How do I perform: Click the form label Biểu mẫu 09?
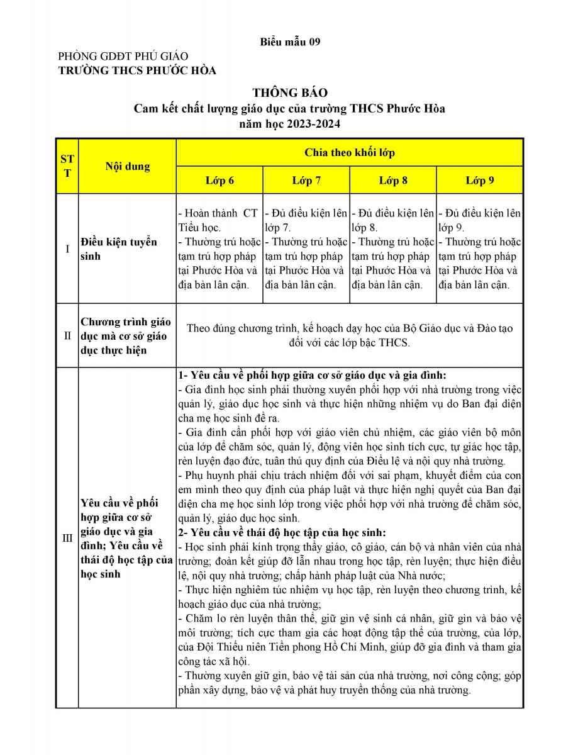click(290, 42)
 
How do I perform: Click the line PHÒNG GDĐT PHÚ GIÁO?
click(123, 57)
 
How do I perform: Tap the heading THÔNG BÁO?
click(290, 93)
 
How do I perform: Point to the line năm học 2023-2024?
click(290, 124)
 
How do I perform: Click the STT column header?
click(67, 166)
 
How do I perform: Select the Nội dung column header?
click(128, 167)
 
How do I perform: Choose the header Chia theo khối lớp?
click(350, 152)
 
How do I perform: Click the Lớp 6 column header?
click(219, 181)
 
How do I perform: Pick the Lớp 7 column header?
click(306, 181)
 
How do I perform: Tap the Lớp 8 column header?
click(393, 181)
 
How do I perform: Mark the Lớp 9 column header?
click(480, 181)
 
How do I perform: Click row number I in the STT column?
click(67, 249)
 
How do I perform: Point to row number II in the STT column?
click(67, 335)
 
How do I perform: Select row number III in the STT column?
click(67, 538)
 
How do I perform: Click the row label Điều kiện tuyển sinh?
click(119, 249)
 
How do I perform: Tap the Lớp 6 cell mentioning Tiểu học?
click(219, 249)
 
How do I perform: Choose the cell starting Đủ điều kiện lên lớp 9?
click(479, 249)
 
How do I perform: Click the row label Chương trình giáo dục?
click(126, 336)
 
